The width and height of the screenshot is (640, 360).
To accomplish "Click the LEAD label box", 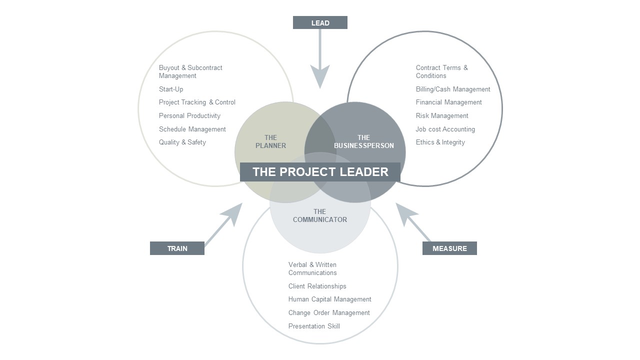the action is tap(320, 22).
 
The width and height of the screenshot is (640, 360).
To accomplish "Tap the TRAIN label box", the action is tap(177, 248).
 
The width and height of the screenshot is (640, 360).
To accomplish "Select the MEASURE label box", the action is tap(449, 248).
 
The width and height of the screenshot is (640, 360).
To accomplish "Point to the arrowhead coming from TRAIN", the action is tap(233, 213).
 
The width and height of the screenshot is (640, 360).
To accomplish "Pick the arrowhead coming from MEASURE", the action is tap(405, 213).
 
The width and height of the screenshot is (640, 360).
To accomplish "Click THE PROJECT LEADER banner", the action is tap(320, 172).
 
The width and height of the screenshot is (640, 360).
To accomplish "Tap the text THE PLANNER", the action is tap(270, 141).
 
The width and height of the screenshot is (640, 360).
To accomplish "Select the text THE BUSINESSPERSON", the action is tap(363, 141).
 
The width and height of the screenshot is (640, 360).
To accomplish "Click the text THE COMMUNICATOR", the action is tap(319, 215).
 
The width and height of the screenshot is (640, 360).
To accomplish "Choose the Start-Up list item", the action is tap(171, 89).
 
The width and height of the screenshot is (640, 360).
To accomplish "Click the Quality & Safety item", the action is tap(182, 142).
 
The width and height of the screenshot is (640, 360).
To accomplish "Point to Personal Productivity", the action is tap(189, 116).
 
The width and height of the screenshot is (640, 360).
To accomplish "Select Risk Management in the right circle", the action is tap(442, 116).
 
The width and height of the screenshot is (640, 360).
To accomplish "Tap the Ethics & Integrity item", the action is tap(440, 142).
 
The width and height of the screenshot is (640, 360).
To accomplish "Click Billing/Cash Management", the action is tap(453, 89).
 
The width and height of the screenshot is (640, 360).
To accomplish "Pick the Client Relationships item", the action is tap(317, 286).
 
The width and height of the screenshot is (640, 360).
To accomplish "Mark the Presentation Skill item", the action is tap(314, 326).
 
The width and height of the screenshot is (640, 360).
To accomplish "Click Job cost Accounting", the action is tap(445, 129).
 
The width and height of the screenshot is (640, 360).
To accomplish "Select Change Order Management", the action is tap(329, 313).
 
